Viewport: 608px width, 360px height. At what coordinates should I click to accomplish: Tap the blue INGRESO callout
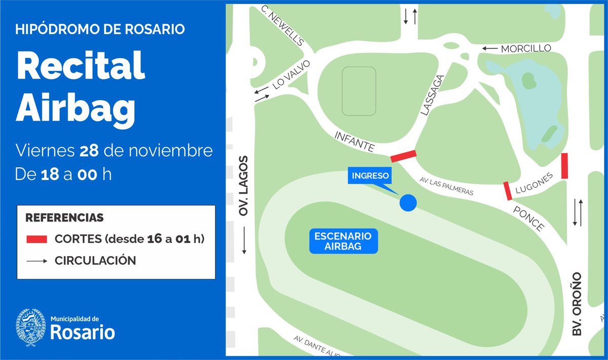368,176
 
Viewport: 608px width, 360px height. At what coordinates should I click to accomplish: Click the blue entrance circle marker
408,203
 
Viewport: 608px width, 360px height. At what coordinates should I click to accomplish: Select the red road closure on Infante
403,156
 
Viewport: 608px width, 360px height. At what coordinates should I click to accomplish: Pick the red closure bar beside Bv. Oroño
564,166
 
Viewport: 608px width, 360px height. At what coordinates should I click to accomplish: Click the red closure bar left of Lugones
507,191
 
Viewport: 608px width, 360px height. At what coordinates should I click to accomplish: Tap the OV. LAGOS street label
245,186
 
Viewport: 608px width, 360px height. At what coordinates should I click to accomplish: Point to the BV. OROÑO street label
577,304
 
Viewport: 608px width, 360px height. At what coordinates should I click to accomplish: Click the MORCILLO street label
525,49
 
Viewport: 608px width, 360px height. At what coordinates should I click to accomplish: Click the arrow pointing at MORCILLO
489,49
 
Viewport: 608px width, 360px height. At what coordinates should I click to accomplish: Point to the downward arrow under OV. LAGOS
245,241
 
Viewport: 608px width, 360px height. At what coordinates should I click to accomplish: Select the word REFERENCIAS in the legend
64,218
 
